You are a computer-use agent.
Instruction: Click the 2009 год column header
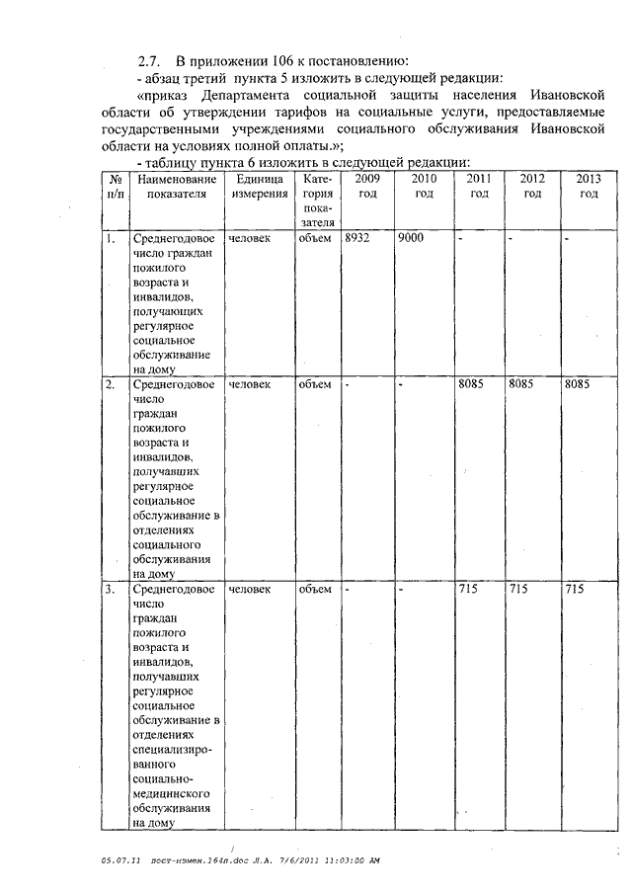click(366, 186)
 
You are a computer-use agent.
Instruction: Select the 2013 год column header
click(589, 186)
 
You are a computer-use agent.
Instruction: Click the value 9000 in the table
click(413, 239)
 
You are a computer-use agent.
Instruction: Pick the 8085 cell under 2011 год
click(471, 383)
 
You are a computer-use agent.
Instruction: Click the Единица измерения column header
click(260, 186)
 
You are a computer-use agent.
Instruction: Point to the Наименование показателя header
click(176, 186)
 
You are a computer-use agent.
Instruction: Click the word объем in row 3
click(314, 589)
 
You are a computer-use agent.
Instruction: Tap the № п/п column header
click(116, 186)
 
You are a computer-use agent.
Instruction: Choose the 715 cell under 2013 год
click(574, 589)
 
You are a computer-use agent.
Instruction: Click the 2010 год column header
click(424, 186)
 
